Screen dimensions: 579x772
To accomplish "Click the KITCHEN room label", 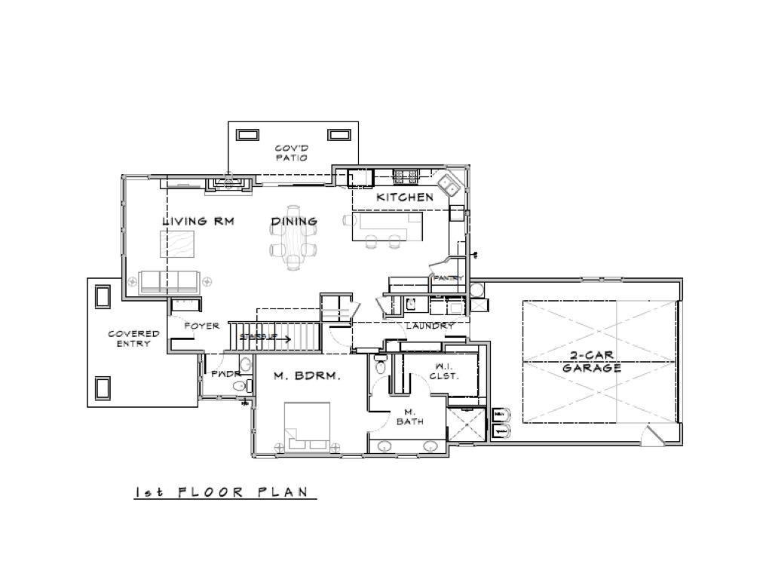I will pyautogui.click(x=405, y=198).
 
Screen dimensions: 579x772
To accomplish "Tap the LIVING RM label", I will pyautogui.click(x=198, y=222).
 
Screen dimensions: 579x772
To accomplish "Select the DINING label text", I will pyautogui.click(x=294, y=222).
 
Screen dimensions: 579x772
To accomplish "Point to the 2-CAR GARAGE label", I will pyautogui.click(x=591, y=363).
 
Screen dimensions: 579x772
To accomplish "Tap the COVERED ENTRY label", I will pyautogui.click(x=133, y=339).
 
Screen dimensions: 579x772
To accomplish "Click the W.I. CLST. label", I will pyautogui.click(x=443, y=371).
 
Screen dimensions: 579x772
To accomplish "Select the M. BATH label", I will pyautogui.click(x=410, y=417).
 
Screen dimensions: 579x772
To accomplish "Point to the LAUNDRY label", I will pyautogui.click(x=430, y=326).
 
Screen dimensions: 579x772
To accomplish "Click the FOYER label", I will pyautogui.click(x=202, y=326).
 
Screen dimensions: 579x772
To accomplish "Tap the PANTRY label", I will pyautogui.click(x=448, y=278).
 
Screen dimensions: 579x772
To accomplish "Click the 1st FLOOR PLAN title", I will pyautogui.click(x=222, y=492).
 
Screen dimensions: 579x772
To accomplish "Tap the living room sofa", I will pyautogui.click(x=170, y=282).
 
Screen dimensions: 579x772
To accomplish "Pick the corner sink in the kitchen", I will pyautogui.click(x=450, y=185).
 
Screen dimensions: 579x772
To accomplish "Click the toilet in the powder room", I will pyautogui.click(x=240, y=386).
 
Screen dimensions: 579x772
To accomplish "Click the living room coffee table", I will pyautogui.click(x=176, y=244).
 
